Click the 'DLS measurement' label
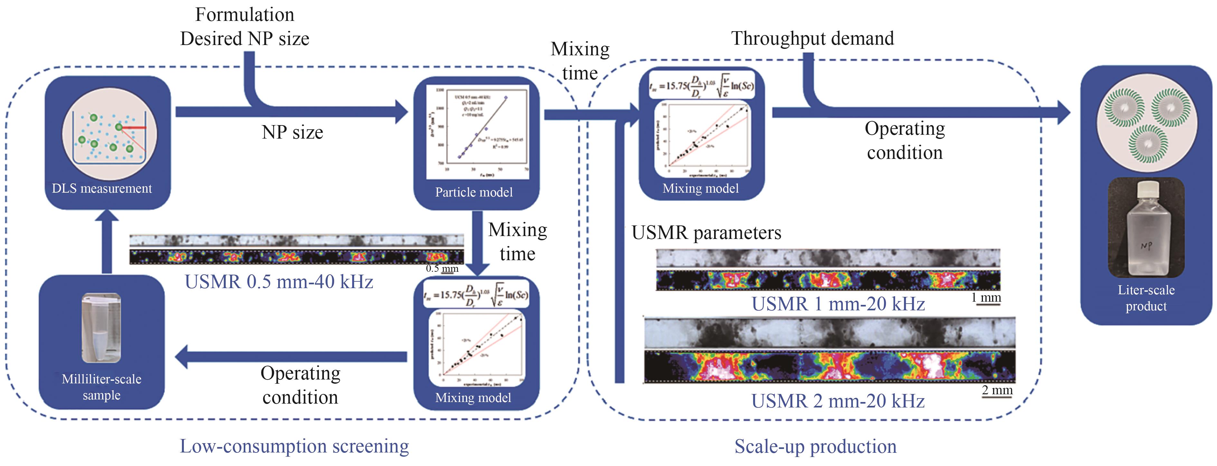pyautogui.click(x=101, y=188)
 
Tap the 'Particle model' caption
pyautogui.click(x=474, y=192)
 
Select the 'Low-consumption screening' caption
pyautogui.click(x=294, y=446)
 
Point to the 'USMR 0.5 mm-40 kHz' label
pyautogui.click(x=279, y=282)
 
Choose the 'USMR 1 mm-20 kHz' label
pyautogui.click(x=838, y=304)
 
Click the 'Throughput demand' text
pyautogui.click(x=813, y=38)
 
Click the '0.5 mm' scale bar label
pyautogui.click(x=442, y=269)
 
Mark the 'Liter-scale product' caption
pyautogui.click(x=1146, y=298)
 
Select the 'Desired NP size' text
pyautogui.click(x=245, y=39)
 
